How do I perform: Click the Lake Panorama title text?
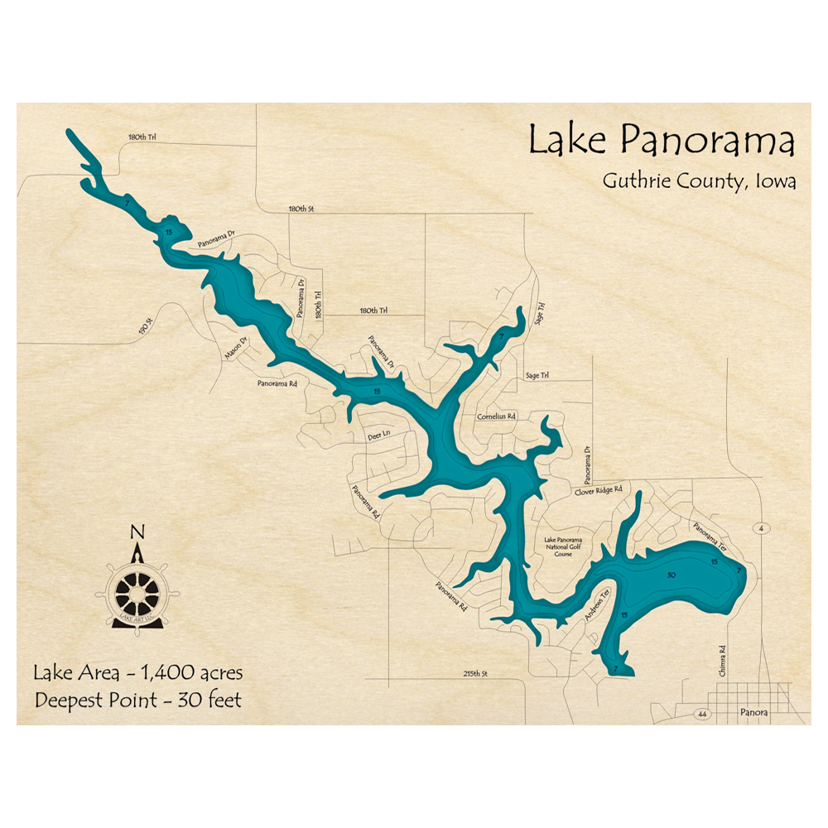(x=661, y=141)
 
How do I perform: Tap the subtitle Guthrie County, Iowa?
(x=699, y=181)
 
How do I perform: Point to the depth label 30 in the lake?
(x=672, y=575)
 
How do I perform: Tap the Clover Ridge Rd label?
(x=598, y=491)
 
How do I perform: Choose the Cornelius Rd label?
(x=496, y=416)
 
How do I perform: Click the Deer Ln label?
(x=378, y=435)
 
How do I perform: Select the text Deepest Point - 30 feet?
(x=138, y=700)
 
